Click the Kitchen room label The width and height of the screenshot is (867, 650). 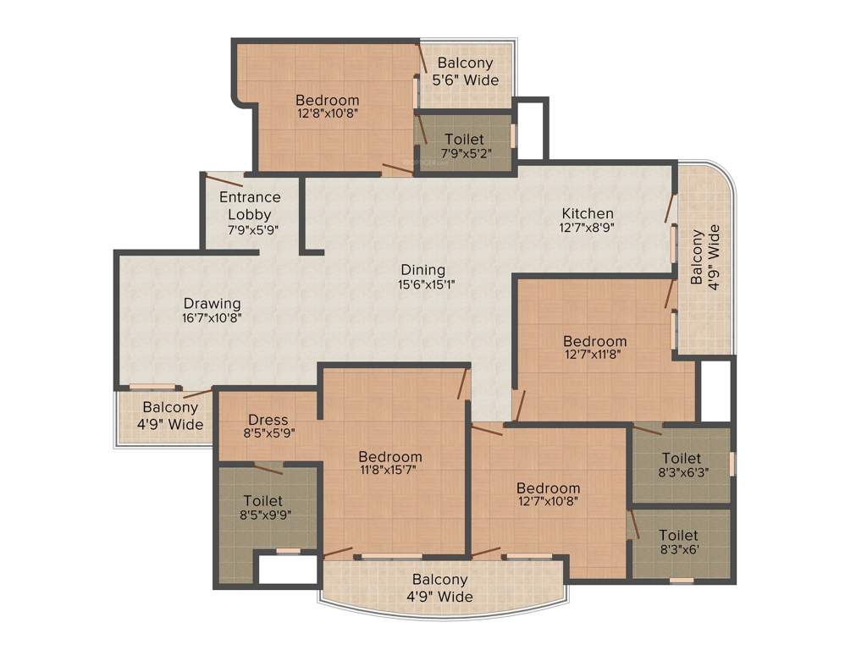point(588,213)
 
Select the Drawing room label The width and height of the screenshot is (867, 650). point(212,303)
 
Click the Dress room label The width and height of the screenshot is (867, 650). point(268,420)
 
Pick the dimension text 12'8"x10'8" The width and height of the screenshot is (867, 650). point(327,113)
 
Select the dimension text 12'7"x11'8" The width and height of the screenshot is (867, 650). point(594,355)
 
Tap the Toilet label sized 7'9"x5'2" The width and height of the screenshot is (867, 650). point(464,139)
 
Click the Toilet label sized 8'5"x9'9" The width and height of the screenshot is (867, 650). point(262,501)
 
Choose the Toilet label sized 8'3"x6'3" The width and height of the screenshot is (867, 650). point(681,459)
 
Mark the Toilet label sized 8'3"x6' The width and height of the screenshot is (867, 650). point(678,535)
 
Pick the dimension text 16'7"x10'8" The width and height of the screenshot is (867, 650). point(212,318)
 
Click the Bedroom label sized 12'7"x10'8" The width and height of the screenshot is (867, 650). point(548,488)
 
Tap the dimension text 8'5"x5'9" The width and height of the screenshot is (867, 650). point(268,434)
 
